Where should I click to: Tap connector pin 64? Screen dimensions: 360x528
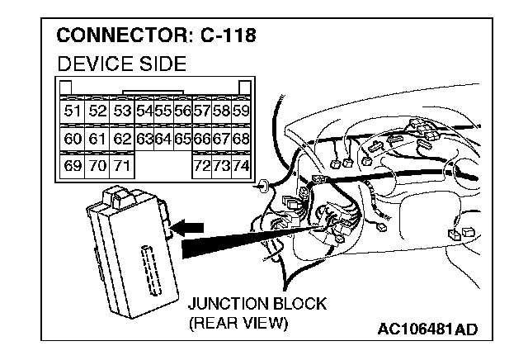pos(163,138)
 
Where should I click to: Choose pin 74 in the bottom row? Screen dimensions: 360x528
pos(241,166)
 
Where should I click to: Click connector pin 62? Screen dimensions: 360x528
pos(122,138)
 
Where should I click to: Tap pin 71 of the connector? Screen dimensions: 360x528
pos(122,166)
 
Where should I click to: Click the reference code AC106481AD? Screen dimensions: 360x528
pos(427,330)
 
